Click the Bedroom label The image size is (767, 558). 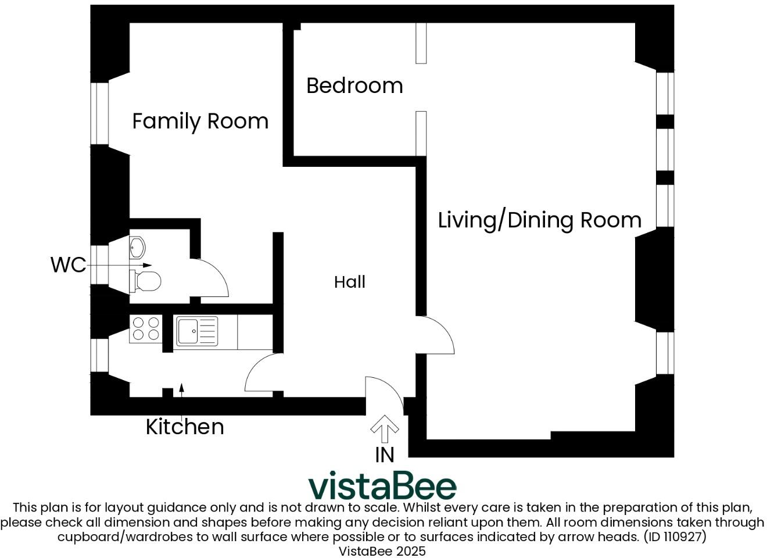point(354,85)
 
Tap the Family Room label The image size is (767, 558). point(200,121)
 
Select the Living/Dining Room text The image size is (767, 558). point(539,220)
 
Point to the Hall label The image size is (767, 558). point(350,282)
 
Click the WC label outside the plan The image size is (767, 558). point(68,264)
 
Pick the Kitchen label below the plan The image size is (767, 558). point(185,427)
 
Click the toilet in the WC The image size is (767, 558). point(146,281)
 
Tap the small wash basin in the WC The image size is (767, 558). point(137,248)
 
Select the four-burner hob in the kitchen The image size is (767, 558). point(145,328)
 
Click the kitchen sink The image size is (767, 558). point(196,331)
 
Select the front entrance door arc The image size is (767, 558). point(383,392)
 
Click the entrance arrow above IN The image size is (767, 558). point(385,429)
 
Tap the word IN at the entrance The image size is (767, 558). point(385,455)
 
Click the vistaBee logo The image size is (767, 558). point(382,486)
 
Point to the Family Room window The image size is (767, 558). point(99,113)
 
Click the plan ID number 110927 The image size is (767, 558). point(683,536)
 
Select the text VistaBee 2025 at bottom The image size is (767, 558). point(382,550)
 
